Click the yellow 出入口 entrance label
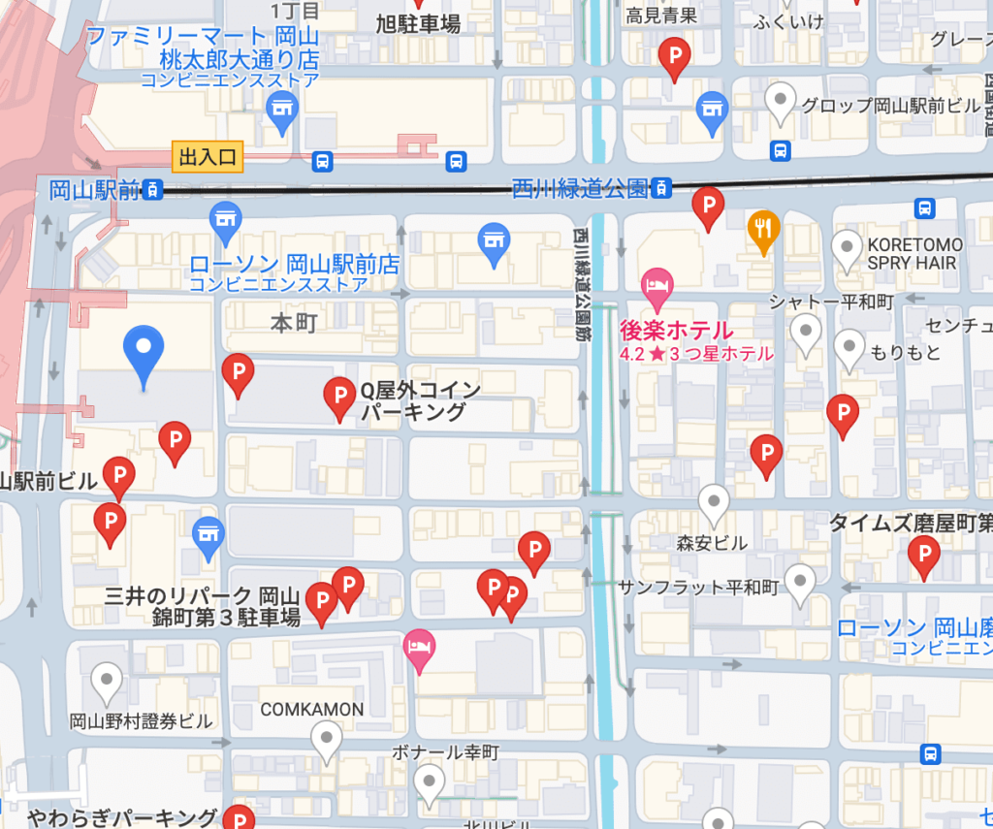tap(207, 156)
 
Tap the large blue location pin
tap(144, 351)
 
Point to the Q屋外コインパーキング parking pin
tap(339, 396)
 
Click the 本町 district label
tap(294, 322)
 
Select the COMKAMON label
tap(312, 710)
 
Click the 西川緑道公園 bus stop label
tap(580, 188)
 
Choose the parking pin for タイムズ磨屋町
tap(923, 555)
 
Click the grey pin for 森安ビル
tap(715, 502)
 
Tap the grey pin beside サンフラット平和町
tap(800, 582)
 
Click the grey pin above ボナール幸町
tap(327, 741)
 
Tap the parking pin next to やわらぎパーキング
tap(238, 817)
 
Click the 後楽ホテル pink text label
tap(676, 330)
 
